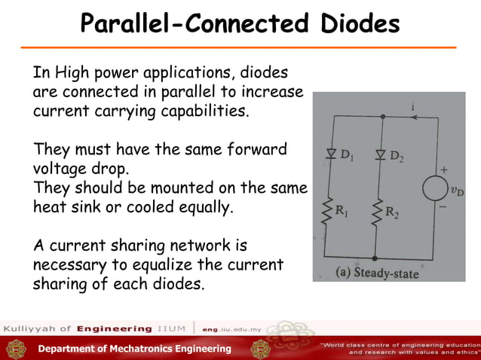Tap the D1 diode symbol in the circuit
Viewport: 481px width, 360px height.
coord(330,155)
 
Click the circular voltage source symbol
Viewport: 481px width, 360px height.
coord(435,188)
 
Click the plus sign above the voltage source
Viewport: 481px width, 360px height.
coord(444,169)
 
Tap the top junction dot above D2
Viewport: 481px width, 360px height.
coord(383,117)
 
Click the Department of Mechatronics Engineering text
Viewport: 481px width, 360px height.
coord(135,348)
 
